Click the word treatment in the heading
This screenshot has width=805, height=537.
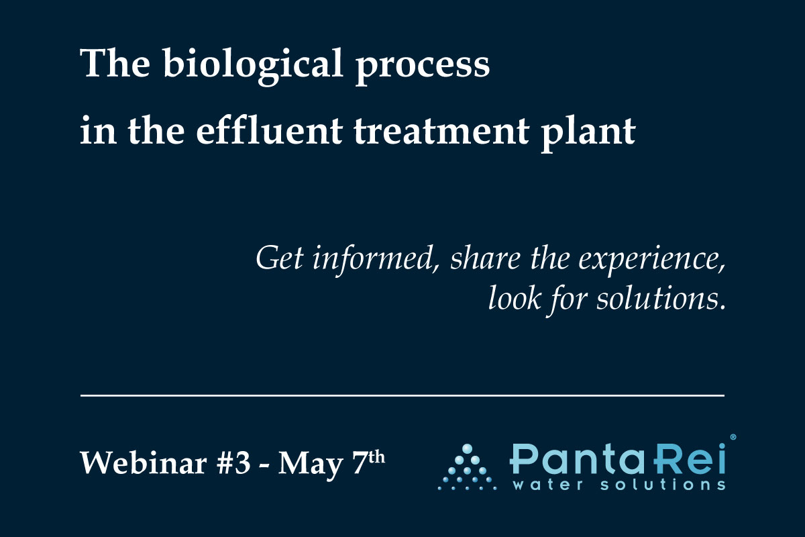tap(441, 131)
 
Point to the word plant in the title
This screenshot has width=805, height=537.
tap(589, 134)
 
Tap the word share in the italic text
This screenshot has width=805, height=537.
tap(486, 258)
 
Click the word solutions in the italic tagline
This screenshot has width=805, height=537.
tap(661, 298)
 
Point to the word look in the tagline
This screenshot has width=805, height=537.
tap(515, 298)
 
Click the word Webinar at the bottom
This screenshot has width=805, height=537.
tap(144, 462)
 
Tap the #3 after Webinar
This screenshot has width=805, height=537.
tap(233, 463)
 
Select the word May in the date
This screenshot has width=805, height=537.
tap(311, 465)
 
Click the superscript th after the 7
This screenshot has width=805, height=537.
tap(376, 458)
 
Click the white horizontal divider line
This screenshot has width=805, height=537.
tap(402, 395)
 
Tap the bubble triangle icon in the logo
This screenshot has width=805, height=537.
tap(467, 467)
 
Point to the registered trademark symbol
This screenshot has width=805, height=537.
tap(733, 437)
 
